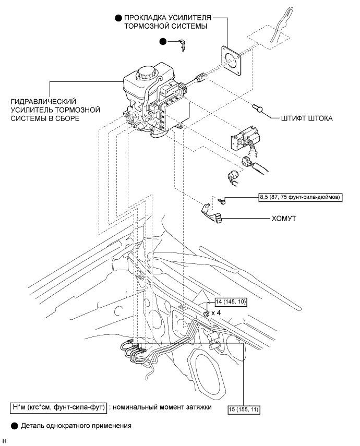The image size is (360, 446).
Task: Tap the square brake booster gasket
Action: coord(231,61)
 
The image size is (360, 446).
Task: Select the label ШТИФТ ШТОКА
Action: coord(307,118)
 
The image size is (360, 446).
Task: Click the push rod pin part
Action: coord(258,108)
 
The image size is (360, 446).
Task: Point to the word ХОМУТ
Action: coord(284,219)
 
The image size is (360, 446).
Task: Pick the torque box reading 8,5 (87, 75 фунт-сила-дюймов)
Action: coord(300,197)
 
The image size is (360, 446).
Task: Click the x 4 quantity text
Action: coord(216,313)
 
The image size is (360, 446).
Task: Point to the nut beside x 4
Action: coord(206,314)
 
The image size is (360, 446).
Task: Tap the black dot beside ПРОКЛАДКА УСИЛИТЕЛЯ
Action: coord(118,18)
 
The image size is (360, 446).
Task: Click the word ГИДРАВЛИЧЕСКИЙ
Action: coord(43,101)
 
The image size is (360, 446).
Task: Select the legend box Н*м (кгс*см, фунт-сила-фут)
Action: coord(58,407)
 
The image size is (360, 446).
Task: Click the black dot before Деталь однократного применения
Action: coord(14,426)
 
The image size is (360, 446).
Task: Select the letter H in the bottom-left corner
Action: coord(4,441)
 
